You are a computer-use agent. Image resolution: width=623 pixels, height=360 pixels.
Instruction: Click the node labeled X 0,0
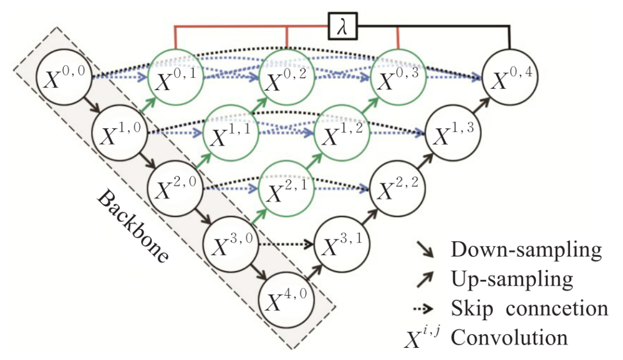pos(65,78)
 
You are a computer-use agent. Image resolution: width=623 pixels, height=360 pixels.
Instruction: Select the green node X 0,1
pos(177,78)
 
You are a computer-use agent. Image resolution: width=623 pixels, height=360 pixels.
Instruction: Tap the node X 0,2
pos(287,78)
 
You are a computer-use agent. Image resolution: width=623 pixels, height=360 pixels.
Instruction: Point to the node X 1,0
pos(121,134)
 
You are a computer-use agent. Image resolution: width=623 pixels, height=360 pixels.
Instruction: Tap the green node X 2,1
pos(287,189)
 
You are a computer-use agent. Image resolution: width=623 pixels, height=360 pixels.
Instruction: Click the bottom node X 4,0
pos(287,300)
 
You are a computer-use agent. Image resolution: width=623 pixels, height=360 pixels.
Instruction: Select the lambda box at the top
pos(343,26)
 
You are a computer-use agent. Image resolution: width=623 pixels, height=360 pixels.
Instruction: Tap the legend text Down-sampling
pos(526,250)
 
